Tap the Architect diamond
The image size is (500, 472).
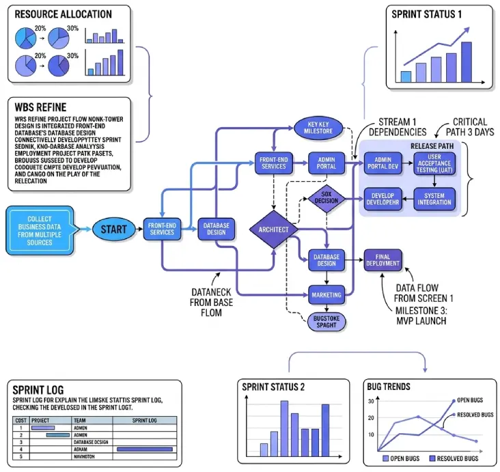tap(273, 230)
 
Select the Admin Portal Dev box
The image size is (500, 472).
tap(382, 163)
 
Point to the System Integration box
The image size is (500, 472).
tap(435, 198)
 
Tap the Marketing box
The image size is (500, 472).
tap(326, 294)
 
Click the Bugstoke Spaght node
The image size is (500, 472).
tap(326, 322)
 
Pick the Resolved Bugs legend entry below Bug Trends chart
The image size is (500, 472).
tap(452, 458)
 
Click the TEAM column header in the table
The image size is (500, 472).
tap(80, 421)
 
